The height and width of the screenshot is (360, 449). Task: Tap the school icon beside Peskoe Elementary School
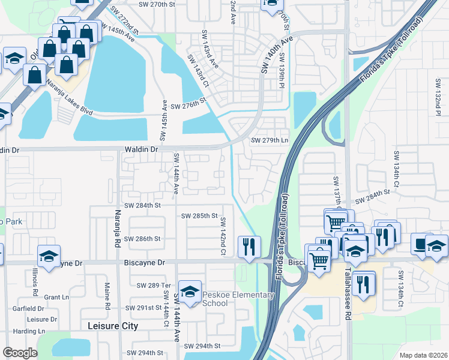[190, 293]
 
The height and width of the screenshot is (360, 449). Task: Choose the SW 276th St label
[188, 106]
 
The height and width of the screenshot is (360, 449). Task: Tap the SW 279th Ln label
[269, 140]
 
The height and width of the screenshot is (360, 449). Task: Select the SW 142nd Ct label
[222, 236]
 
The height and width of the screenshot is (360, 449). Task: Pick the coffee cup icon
[418, 245]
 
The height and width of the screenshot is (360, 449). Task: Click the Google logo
[20, 353]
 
